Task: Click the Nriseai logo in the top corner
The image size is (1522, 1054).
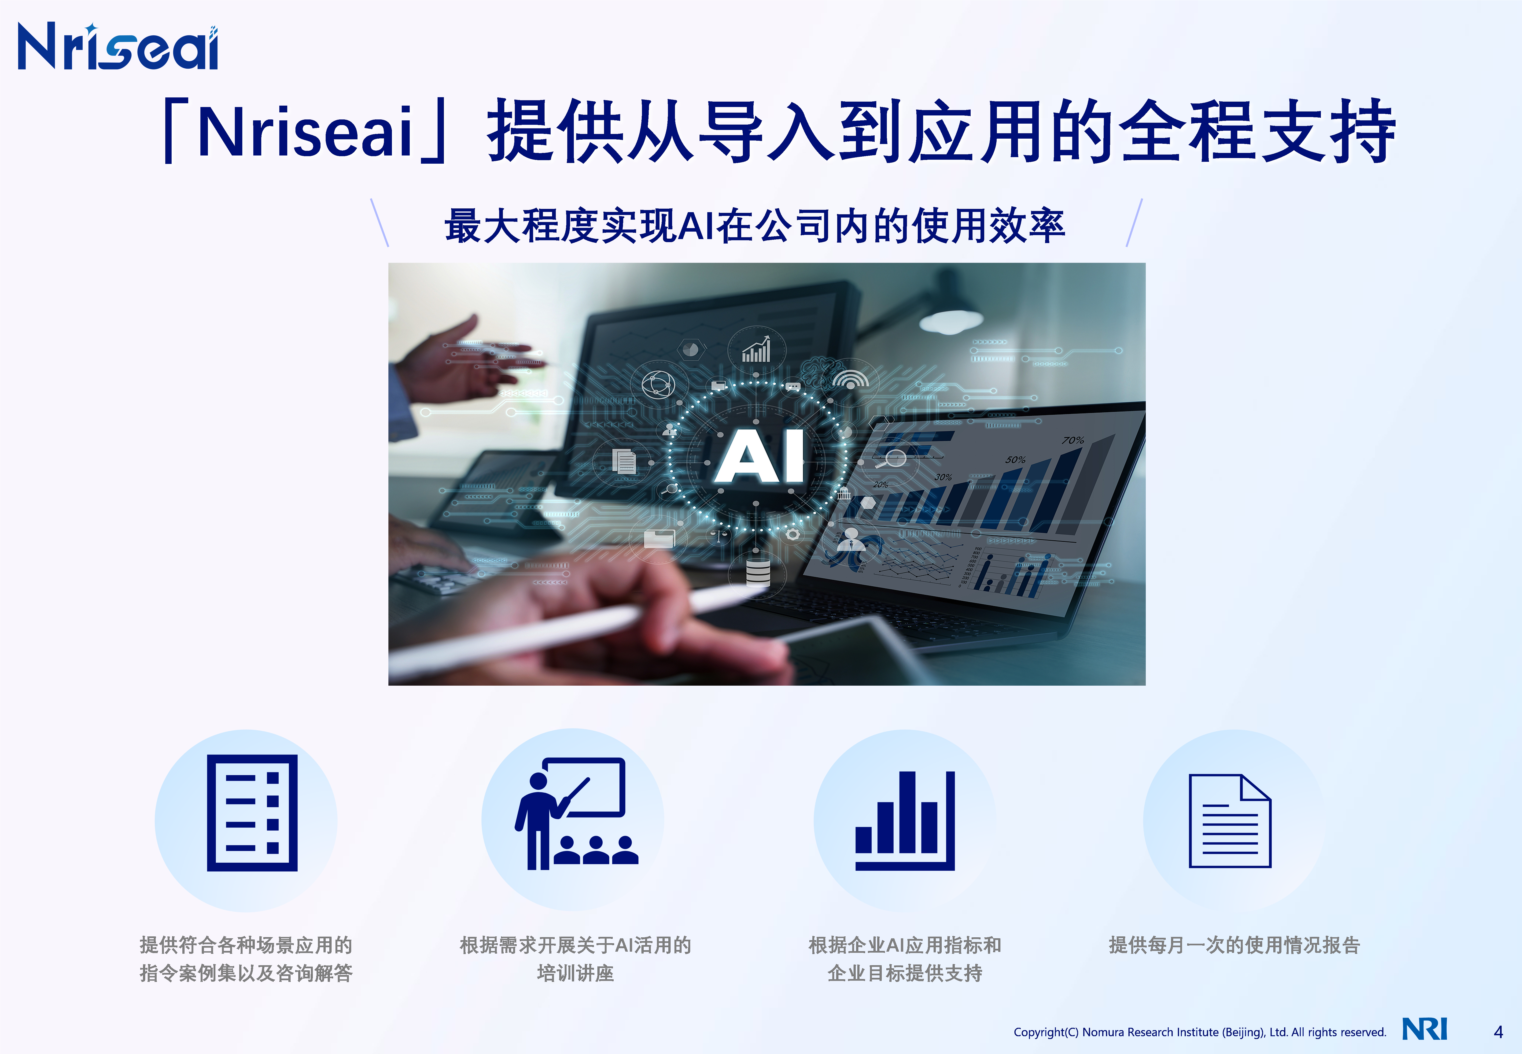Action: (118, 46)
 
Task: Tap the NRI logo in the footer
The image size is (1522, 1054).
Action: (1424, 1029)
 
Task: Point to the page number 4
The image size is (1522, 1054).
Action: (1498, 1032)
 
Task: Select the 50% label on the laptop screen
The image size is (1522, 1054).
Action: (1016, 459)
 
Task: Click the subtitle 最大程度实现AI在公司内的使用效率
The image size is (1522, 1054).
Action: (755, 226)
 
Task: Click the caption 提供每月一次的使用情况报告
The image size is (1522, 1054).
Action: (1234, 945)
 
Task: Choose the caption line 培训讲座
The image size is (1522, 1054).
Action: (575, 973)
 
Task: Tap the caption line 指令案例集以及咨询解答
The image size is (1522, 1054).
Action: (246, 973)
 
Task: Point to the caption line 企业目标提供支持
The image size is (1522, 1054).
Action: (905, 973)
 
